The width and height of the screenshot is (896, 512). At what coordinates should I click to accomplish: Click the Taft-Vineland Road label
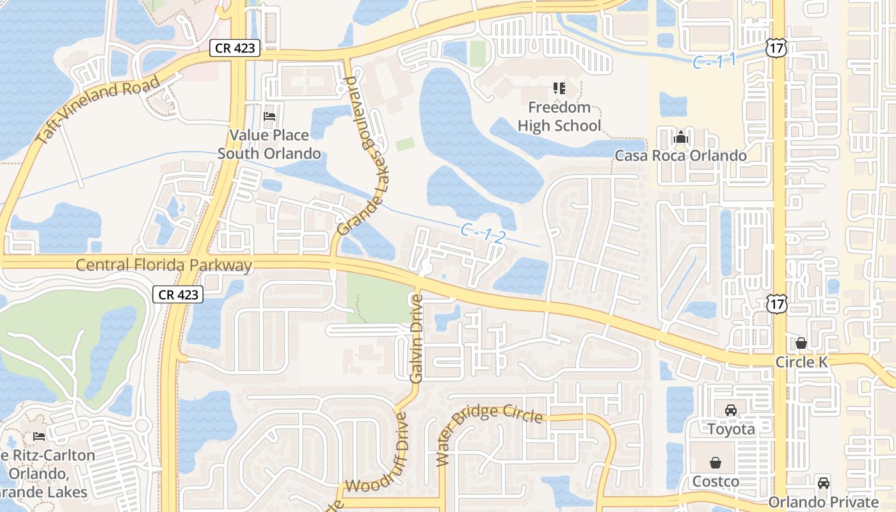coord(98,110)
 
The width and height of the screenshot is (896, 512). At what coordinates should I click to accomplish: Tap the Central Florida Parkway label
coord(164,265)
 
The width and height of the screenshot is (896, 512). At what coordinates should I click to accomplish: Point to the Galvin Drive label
coord(417,339)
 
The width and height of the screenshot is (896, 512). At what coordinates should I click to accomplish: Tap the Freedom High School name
coord(559,116)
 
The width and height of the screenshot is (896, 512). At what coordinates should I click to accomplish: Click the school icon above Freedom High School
coord(559,88)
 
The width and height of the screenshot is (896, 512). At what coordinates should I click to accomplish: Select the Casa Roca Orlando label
coord(680,156)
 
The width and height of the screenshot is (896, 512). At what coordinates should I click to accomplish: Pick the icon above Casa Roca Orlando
coord(680,137)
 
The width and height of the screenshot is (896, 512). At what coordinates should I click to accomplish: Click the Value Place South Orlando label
coord(269,144)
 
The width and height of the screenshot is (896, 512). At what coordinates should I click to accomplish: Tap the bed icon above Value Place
coord(269,116)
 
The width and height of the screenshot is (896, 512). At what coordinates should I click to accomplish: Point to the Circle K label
coord(801,362)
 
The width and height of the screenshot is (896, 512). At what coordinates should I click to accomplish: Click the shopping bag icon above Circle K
coord(801,344)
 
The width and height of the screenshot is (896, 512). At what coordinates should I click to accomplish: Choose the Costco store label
coord(716,481)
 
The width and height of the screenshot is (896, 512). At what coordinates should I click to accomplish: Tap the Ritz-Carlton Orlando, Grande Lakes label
coord(45,474)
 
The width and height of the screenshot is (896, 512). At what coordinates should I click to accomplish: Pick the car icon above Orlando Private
coord(824,483)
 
